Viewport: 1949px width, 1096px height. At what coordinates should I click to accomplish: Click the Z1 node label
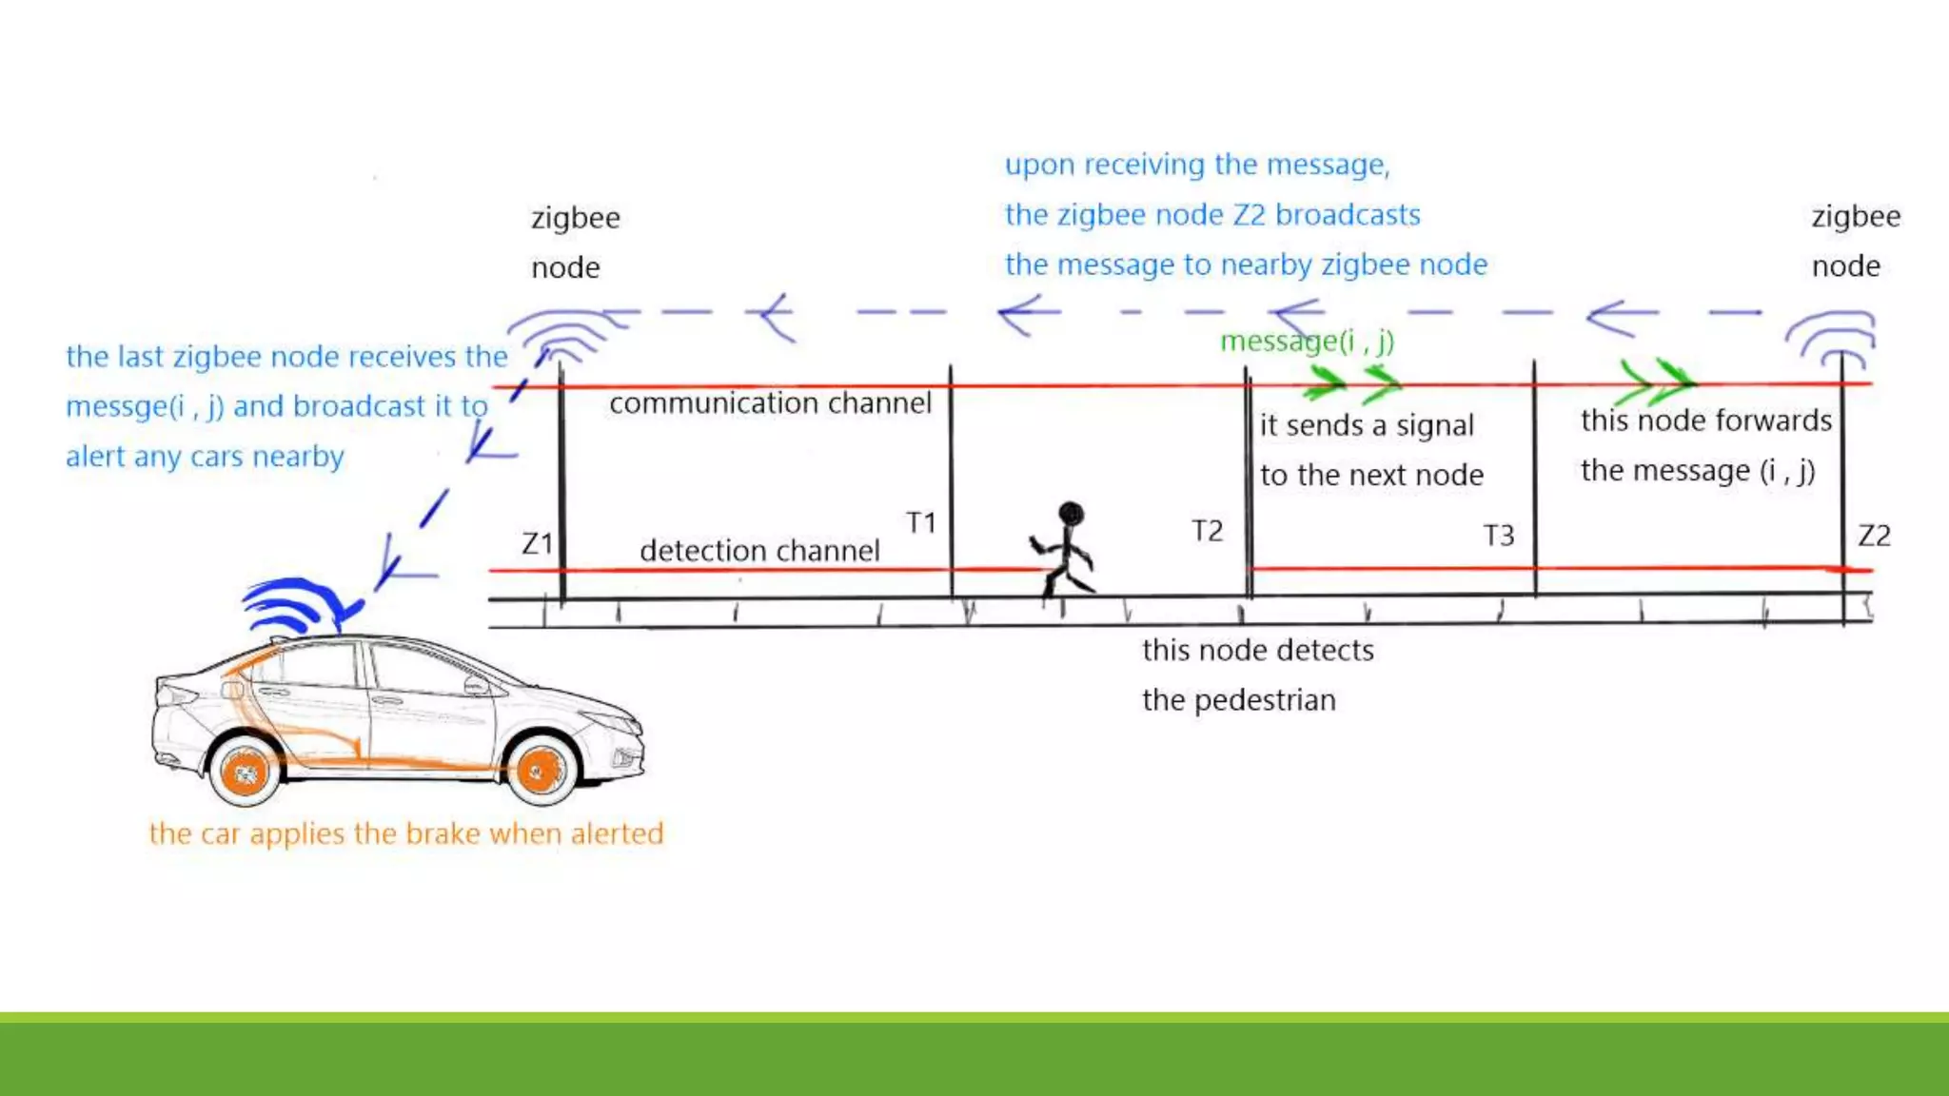[x=537, y=543]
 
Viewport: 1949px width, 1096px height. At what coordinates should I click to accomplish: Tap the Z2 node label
[x=1874, y=536]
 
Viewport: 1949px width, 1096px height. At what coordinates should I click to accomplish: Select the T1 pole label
[x=920, y=522]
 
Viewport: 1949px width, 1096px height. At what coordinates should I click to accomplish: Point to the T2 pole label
[x=1207, y=531]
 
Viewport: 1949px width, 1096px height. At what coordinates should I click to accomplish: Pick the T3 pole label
[x=1498, y=536]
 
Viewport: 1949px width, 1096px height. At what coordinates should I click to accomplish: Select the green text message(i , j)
[x=1307, y=341]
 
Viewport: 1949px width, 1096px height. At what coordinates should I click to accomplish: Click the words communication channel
[x=770, y=403]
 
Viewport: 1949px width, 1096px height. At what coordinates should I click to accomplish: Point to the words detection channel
[x=759, y=551]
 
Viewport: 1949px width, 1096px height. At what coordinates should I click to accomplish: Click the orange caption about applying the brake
[x=406, y=833]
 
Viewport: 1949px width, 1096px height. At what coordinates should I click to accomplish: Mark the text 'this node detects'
[x=1257, y=651]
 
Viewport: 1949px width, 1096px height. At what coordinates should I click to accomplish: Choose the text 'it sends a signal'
[x=1367, y=425]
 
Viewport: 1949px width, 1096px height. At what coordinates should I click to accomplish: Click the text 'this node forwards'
[x=1705, y=421]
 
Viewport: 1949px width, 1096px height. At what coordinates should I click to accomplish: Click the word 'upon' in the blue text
[x=1040, y=166]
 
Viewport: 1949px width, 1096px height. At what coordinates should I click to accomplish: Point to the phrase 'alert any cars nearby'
[x=205, y=457]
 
